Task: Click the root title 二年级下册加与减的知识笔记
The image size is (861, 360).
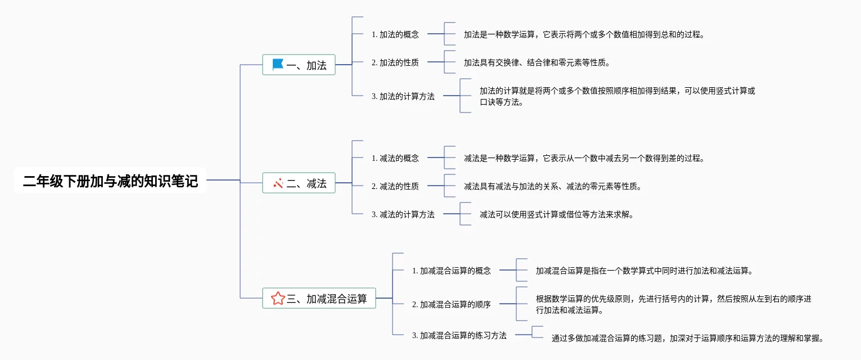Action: pyautogui.click(x=110, y=181)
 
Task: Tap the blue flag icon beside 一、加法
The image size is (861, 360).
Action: pyautogui.click(x=278, y=65)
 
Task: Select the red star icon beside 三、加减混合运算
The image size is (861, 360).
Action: pyautogui.click(x=278, y=298)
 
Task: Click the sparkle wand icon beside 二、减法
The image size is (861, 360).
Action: pyautogui.click(x=278, y=183)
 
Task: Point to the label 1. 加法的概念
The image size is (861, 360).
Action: pyautogui.click(x=395, y=34)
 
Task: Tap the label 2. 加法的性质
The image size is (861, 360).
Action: pyautogui.click(x=395, y=62)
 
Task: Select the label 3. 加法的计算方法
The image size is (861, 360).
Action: pyautogui.click(x=403, y=96)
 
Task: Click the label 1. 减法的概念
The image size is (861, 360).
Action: pyautogui.click(x=395, y=158)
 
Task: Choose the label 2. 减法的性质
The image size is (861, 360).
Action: pyautogui.click(x=395, y=186)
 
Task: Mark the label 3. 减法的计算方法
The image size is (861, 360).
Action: pyautogui.click(x=403, y=214)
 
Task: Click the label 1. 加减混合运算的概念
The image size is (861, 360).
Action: pyautogui.click(x=452, y=271)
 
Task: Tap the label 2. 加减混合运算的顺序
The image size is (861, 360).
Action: pyautogui.click(x=452, y=304)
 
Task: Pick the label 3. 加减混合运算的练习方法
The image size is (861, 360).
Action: pyautogui.click(x=459, y=335)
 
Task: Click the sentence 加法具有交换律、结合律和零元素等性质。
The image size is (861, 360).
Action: pyautogui.click(x=537, y=62)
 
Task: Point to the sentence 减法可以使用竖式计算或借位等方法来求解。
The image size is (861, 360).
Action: pyautogui.click(x=557, y=214)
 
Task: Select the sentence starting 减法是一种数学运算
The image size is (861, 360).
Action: pyautogui.click(x=584, y=158)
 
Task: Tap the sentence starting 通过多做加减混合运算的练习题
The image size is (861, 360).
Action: pyautogui.click(x=688, y=339)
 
